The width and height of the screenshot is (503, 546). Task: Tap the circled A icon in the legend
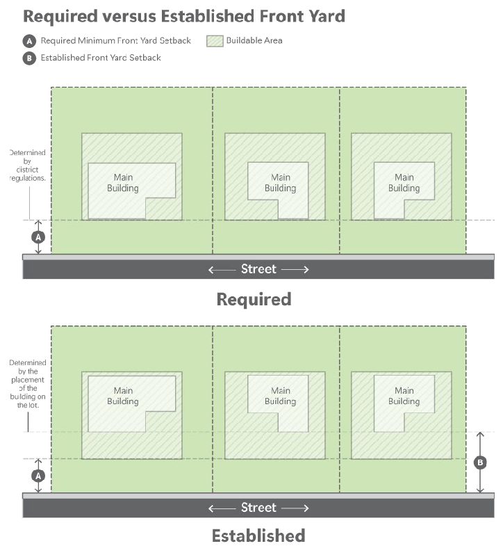[30, 41]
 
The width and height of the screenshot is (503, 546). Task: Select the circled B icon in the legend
[30, 58]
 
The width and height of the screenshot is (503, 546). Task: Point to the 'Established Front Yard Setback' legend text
[100, 58]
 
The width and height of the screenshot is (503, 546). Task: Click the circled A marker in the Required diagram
[39, 237]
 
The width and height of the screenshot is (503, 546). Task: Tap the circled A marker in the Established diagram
[39, 476]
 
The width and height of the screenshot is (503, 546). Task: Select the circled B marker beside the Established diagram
[479, 462]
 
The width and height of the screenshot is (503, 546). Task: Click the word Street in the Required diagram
[258, 269]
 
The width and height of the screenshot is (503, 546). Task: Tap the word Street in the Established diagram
[258, 508]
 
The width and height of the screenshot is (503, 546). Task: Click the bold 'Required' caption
[254, 299]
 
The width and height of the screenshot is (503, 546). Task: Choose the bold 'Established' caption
[258, 536]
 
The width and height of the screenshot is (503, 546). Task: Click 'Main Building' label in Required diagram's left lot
[122, 183]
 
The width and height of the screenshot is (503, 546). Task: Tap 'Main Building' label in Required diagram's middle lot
[280, 183]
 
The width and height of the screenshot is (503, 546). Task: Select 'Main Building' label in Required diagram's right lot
[404, 183]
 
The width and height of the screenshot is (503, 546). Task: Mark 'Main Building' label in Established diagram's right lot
[404, 396]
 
